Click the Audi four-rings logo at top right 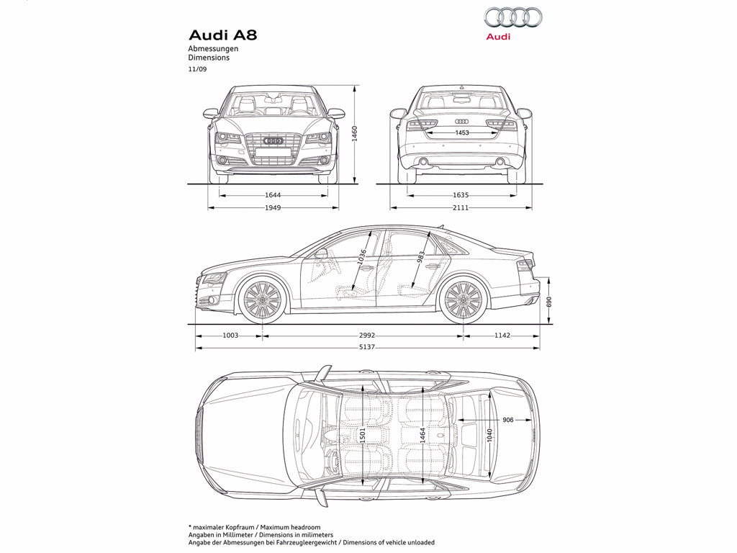(x=513, y=18)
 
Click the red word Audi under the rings (x=498, y=37)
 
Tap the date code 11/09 (x=196, y=70)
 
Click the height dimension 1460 (x=355, y=134)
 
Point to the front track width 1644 (x=273, y=194)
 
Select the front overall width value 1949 (x=273, y=207)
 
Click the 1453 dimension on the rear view (x=461, y=132)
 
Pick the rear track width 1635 (x=461, y=194)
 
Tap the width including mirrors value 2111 (x=461, y=207)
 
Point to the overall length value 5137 (x=367, y=348)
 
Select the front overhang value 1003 (x=230, y=336)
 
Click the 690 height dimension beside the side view (x=548, y=302)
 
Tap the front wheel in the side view (x=262, y=300)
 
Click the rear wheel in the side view (x=462, y=300)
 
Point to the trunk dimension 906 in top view (x=508, y=420)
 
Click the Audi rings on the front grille (x=273, y=140)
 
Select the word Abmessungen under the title (x=213, y=49)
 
